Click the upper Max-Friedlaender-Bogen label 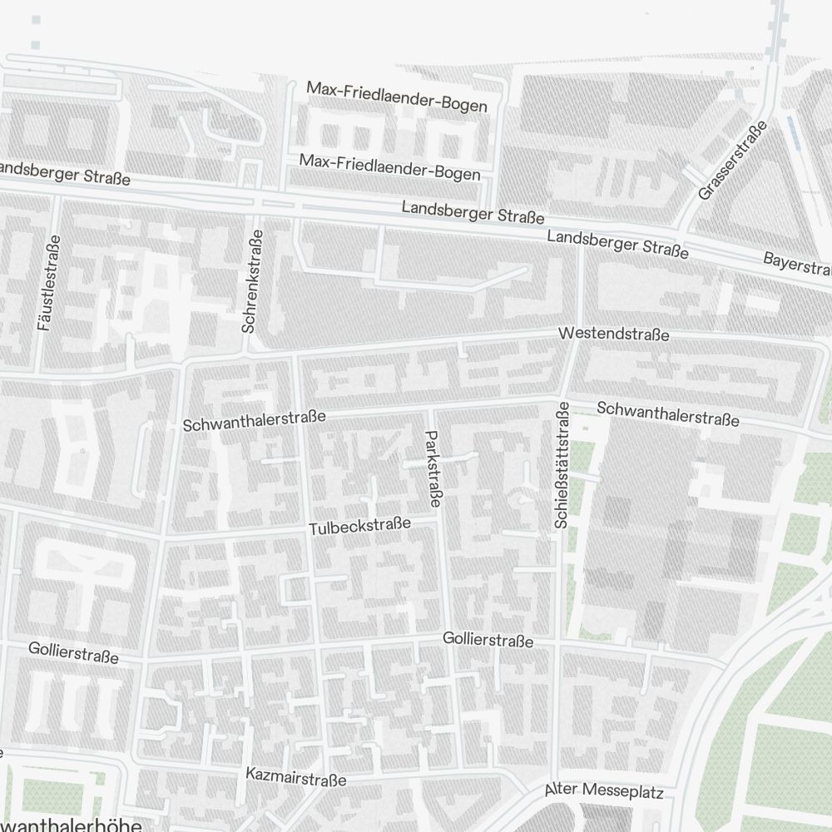tap(396, 97)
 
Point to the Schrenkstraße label tap(252, 281)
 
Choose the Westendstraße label tap(614, 334)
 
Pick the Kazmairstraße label tap(295, 777)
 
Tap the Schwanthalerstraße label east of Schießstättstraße tap(667, 414)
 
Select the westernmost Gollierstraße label tap(73, 652)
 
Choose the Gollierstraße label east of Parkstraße tap(488, 640)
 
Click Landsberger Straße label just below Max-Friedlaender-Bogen tap(473, 210)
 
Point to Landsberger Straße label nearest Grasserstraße tap(617, 245)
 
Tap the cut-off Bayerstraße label tap(797, 265)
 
